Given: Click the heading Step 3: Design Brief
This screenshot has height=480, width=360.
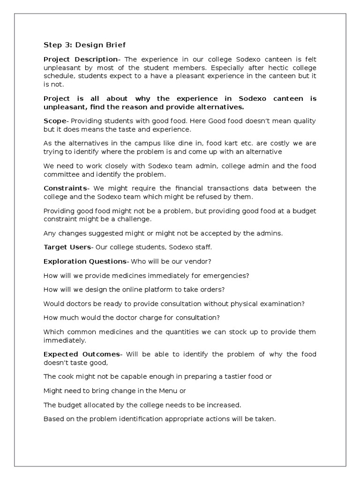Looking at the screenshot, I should [84, 45].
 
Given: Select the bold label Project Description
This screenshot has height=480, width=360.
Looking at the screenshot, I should [80, 59].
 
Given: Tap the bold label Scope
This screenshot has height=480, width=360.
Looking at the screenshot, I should [55, 121].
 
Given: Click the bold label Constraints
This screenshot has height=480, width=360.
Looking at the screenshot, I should [66, 188].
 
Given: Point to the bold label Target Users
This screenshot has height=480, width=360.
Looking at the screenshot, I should [67, 247].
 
